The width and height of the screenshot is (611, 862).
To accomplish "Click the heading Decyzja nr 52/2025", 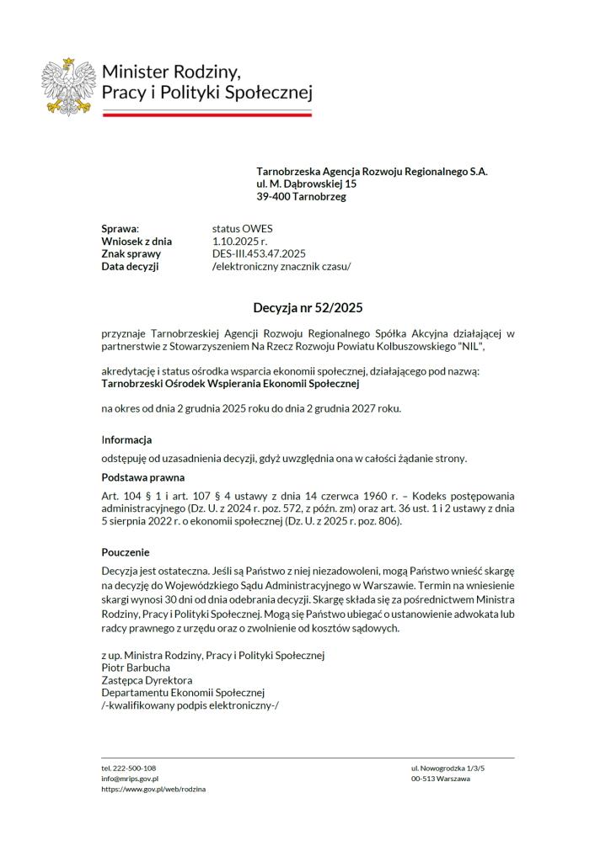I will pyautogui.click(x=308, y=308).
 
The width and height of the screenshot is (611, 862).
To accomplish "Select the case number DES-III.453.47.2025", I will pyautogui.click(x=259, y=253).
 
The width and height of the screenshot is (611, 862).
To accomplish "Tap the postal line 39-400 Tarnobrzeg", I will pyautogui.click(x=301, y=197).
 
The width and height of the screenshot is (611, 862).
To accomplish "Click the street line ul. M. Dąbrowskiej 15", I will pyautogui.click(x=306, y=184).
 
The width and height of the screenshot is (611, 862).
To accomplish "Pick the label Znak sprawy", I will pyautogui.click(x=131, y=253).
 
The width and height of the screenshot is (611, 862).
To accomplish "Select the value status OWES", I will pyautogui.click(x=243, y=228).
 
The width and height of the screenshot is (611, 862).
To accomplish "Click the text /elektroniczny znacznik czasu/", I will pyautogui.click(x=281, y=266).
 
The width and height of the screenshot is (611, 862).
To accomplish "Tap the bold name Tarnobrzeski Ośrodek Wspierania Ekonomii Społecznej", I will pyautogui.click(x=230, y=384).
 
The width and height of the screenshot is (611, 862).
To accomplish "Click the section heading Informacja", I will pyautogui.click(x=126, y=439).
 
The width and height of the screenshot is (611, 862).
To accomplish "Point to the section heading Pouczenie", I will pyautogui.click(x=126, y=553).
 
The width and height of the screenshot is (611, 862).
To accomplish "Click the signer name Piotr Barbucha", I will pyautogui.click(x=136, y=668).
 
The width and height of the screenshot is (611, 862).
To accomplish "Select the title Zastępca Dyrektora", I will pyautogui.click(x=147, y=680).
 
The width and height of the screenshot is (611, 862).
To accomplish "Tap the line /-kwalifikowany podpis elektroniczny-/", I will pyautogui.click(x=190, y=705).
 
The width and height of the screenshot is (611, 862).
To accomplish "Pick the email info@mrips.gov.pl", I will pyautogui.click(x=131, y=779).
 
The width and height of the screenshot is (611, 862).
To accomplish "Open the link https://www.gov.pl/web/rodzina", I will pyautogui.click(x=153, y=790).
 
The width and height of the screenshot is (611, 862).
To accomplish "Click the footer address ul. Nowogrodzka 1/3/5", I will pyautogui.click(x=448, y=769).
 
